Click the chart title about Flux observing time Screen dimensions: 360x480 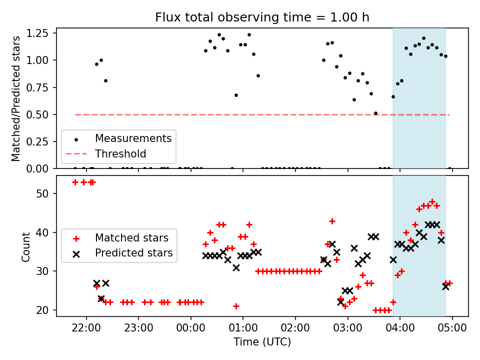pyautogui.click(x=262, y=17)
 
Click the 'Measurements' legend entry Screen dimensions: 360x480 pyautogui.click(x=133, y=138)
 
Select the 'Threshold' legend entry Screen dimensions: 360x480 pyautogui.click(x=120, y=153)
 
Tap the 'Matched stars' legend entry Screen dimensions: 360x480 pyautogui.click(x=131, y=237)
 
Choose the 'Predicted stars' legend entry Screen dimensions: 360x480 pyautogui.click(x=133, y=253)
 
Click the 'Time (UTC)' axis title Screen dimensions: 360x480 pyautogui.click(x=262, y=342)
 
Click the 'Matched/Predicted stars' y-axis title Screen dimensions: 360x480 pyautogui.click(x=16, y=98)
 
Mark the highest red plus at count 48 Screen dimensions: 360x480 pyautogui.click(x=432, y=201)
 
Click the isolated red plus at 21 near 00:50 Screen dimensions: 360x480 pyautogui.click(x=236, y=306)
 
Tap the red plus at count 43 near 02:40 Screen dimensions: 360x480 pyautogui.click(x=332, y=221)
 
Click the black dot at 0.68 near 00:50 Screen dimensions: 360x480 pyautogui.click(x=236, y=95)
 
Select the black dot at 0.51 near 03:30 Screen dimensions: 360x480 pyautogui.click(x=375, y=113)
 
